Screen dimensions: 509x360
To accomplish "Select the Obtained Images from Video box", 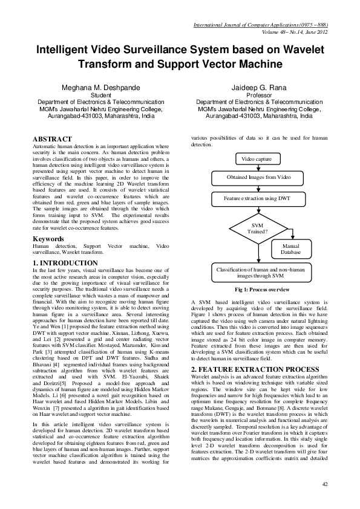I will coord(260,178).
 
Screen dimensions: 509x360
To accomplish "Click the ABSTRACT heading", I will coord(53,138).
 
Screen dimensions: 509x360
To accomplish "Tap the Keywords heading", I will coord(50,239).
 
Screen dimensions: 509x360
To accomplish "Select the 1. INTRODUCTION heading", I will coord(65,263).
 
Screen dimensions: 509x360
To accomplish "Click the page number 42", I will coord(325,484).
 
